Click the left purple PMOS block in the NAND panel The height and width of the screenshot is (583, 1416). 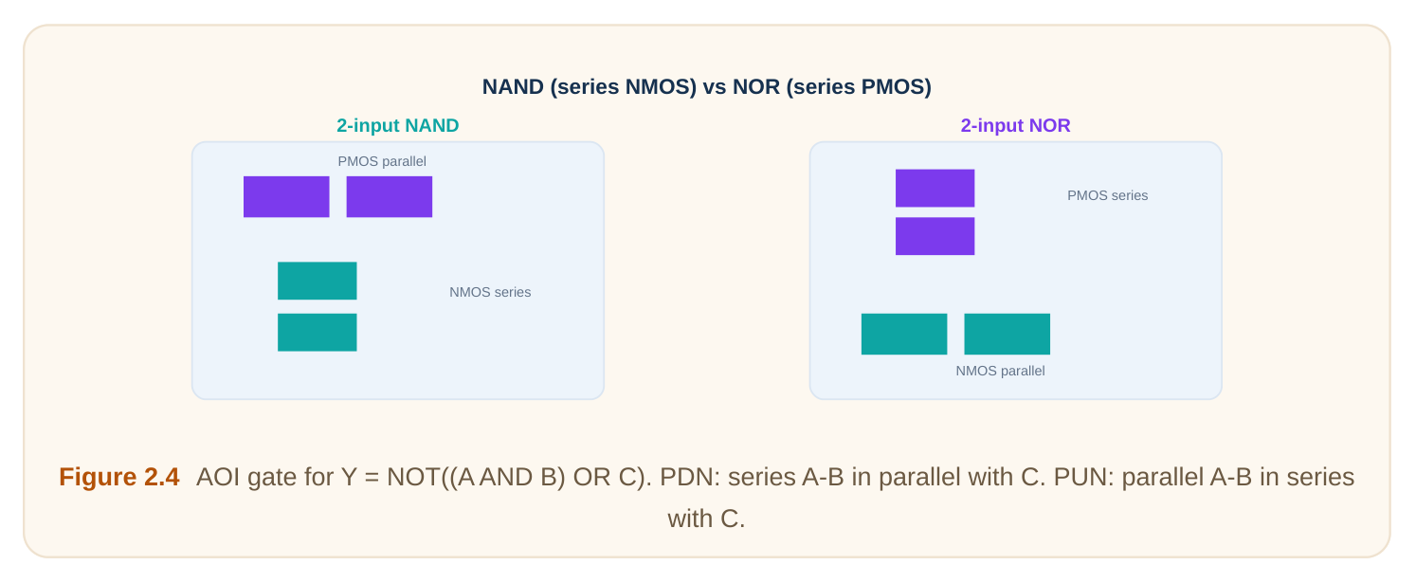point(286,196)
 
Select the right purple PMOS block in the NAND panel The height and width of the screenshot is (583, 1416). point(390,196)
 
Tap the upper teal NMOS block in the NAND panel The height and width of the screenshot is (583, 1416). point(318,281)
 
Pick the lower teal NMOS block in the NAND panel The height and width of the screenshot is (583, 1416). point(318,333)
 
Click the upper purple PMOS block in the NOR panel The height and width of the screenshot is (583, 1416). point(935,188)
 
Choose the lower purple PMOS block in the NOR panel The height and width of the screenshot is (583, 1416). point(935,236)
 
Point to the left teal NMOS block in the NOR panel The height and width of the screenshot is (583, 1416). point(904,334)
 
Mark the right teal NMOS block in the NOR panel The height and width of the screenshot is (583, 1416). point(1007,334)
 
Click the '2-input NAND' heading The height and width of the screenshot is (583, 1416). point(398,125)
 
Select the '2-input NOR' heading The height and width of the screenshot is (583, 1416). point(1015,125)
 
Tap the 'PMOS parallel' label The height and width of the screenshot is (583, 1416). point(382,161)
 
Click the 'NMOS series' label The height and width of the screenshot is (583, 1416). point(490,292)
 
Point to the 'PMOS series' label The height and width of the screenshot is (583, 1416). point(1108,195)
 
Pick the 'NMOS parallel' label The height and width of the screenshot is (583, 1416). point(1000,371)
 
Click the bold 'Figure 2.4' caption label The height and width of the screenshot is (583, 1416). point(119,477)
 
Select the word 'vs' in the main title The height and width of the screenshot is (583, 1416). point(715,86)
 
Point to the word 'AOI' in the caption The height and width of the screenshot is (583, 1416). point(217,477)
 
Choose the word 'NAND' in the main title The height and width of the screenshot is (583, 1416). point(513,86)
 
